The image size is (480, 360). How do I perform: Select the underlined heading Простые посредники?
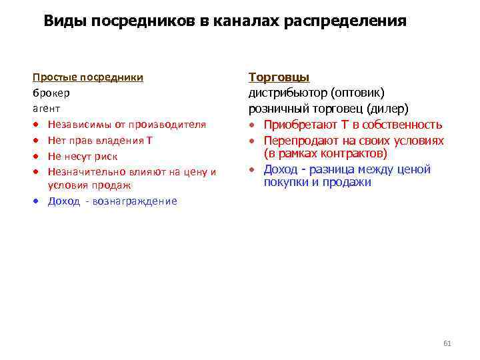(x=88, y=77)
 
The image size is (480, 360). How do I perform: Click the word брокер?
(x=51, y=93)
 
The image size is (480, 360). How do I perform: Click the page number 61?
(x=447, y=343)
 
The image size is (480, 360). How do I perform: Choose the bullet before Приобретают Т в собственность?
(x=253, y=125)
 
